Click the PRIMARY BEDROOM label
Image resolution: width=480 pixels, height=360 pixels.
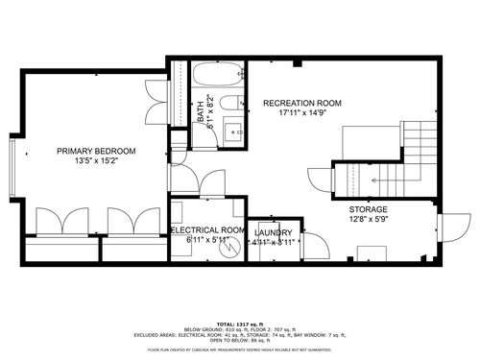coord(95,151)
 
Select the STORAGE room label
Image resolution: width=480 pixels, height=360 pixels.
coord(368,209)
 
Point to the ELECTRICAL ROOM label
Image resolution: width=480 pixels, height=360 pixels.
coord(209,231)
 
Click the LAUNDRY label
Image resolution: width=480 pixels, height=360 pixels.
coord(274,231)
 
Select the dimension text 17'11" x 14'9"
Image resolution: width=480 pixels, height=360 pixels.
coord(303,111)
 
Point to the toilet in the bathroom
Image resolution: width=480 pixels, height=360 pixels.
coord(228,103)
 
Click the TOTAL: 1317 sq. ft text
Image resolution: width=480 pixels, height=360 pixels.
coord(239,324)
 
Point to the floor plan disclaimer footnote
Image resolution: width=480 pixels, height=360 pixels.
coord(239,350)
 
